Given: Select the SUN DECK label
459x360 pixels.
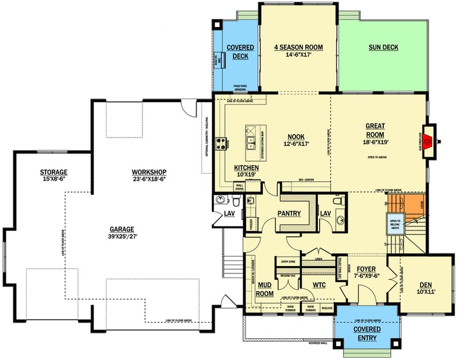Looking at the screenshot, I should coord(383,48).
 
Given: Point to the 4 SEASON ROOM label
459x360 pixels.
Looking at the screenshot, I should coord(298,48).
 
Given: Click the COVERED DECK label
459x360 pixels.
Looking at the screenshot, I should coord(236,52).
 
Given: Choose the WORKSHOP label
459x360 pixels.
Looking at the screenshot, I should coord(149,172).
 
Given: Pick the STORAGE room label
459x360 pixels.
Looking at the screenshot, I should coord(54,172).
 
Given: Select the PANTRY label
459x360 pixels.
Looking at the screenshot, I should coord(289,213).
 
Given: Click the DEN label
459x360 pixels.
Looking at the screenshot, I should coord(425,284).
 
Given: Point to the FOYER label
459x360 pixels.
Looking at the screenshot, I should coord(366,269).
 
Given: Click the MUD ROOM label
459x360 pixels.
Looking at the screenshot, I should coord(264,288).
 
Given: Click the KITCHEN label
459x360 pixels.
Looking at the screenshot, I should coord(246,167).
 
